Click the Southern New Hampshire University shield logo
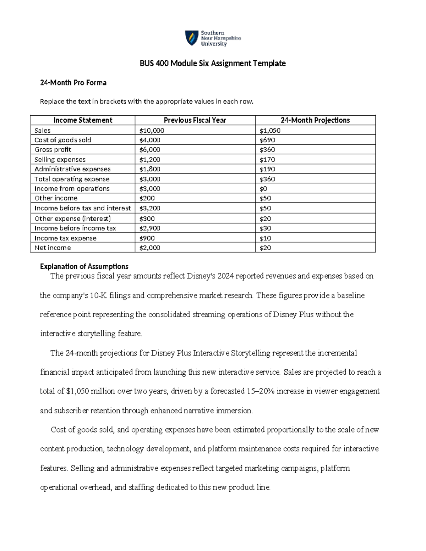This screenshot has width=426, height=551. point(192,38)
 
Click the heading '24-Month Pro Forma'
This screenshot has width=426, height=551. point(73,83)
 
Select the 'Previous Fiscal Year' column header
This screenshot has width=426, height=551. point(195,120)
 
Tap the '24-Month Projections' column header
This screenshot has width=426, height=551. point(315,120)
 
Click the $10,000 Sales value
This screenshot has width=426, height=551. point(152,131)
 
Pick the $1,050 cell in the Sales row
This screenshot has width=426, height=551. point(270,131)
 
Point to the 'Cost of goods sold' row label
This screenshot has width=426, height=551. point(63,140)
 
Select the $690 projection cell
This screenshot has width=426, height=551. point(267,140)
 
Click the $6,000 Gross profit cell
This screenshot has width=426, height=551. point(150,150)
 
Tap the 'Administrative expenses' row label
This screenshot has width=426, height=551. point(72,169)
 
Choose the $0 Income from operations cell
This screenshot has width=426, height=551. point(263,189)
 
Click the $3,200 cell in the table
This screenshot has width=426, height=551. point(150,208)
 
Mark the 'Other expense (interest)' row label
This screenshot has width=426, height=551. point(73,219)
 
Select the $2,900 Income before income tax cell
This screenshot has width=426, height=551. point(150,228)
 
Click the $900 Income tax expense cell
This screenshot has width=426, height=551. point(147,238)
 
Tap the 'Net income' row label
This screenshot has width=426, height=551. point(53,248)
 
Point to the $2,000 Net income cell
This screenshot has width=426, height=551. point(150,248)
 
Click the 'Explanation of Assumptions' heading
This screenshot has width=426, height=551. point(84,266)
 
